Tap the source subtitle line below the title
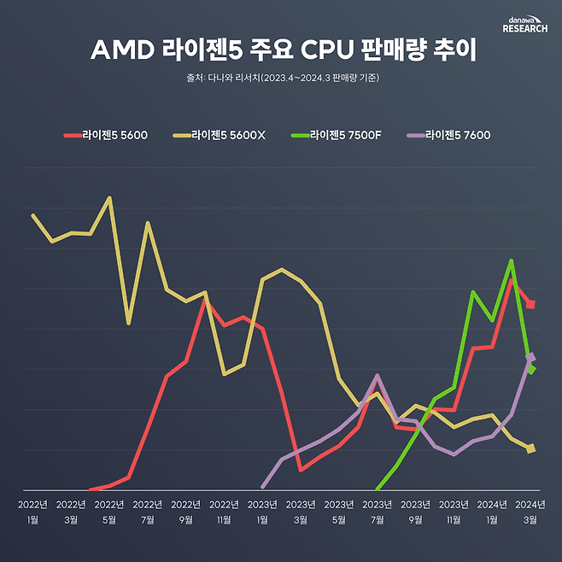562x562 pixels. (281, 79)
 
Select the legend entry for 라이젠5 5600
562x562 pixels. (107, 134)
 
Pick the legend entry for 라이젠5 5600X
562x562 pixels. (220, 134)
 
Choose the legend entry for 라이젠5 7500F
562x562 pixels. (341, 134)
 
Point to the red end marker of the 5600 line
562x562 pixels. (531, 304)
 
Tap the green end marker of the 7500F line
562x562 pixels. (531, 370)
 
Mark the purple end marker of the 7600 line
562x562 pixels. (531, 357)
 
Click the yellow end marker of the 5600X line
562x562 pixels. (531, 448)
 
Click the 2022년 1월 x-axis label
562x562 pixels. (32, 512)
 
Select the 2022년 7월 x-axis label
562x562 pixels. (148, 512)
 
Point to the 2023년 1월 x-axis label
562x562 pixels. (262, 512)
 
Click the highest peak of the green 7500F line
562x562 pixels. (511, 261)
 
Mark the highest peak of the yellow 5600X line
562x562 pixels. (109, 197)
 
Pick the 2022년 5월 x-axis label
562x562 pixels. (109, 512)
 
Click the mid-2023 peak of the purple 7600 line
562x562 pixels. (378, 376)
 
